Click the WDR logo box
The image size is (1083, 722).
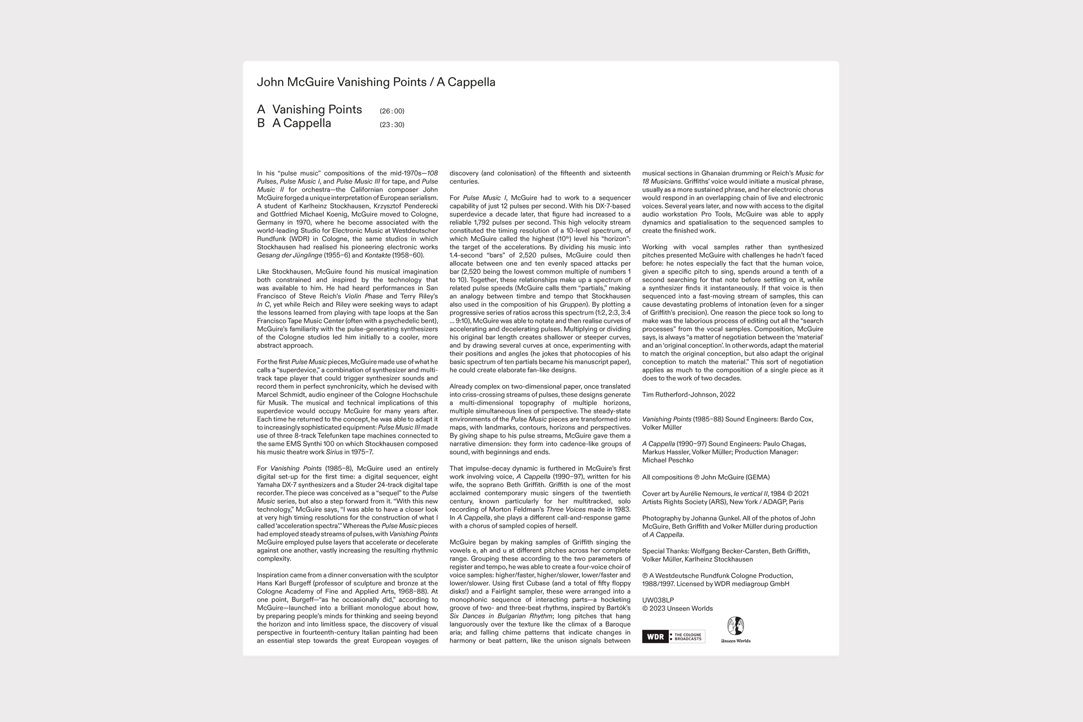[655, 636]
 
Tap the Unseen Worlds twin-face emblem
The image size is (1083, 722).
[735, 626]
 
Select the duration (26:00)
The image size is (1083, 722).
[392, 111]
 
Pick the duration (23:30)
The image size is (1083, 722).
[392, 125]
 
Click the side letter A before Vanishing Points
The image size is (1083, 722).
[261, 109]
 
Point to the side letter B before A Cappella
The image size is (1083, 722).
[261, 123]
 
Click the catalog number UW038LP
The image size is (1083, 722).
[658, 600]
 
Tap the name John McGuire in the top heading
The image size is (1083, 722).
[295, 82]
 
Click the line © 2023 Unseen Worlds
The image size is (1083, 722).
[677, 608]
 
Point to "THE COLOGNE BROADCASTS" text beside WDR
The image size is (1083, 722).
[688, 636]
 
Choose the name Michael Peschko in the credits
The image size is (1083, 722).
[668, 460]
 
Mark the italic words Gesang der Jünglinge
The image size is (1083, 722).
[289, 255]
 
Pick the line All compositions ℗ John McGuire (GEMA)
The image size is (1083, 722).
[706, 477]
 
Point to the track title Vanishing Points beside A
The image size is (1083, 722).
[317, 109]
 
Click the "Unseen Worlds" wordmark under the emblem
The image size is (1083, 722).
[735, 641]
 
